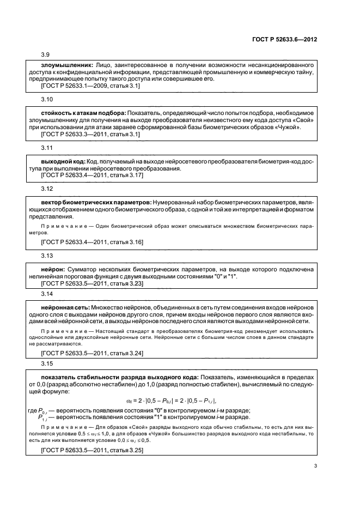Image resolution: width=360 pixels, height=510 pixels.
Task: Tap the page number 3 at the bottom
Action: pyautogui.click(x=315, y=465)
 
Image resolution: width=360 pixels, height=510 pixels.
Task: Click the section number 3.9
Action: pyautogui.click(x=46, y=54)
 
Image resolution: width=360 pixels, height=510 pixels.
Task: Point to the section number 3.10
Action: pyautogui.click(x=47, y=100)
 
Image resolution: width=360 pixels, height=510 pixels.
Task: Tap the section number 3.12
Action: pyautogui.click(x=47, y=189)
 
